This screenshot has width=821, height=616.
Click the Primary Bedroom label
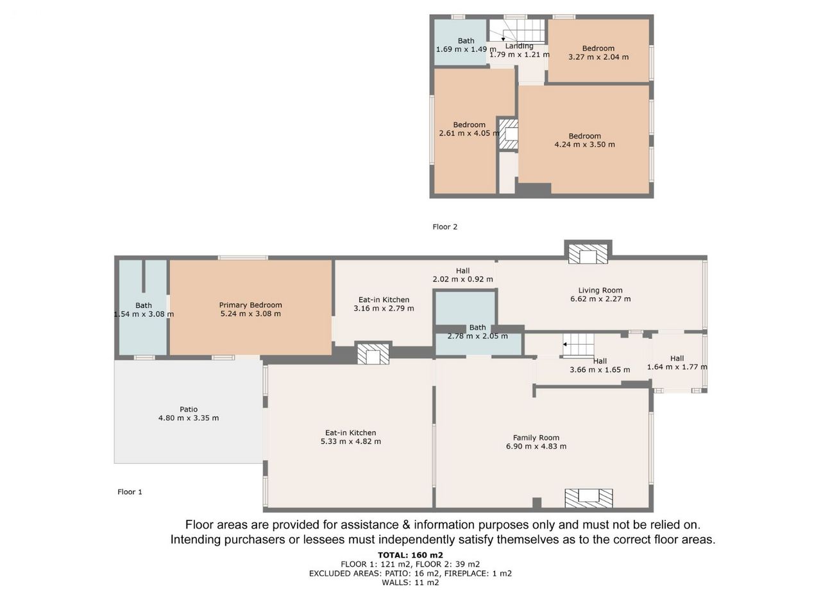[x=250, y=305]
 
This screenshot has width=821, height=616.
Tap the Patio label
[x=189, y=409]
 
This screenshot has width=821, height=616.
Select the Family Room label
[x=536, y=438]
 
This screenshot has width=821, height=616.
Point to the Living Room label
[x=600, y=290]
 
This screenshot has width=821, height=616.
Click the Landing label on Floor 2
[x=519, y=46]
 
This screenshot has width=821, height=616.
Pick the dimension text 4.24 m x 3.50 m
[x=584, y=144]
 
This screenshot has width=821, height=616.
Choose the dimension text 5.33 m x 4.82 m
[x=351, y=441]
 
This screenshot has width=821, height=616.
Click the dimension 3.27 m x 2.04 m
[x=598, y=57]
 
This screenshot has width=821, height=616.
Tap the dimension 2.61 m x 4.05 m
[x=469, y=133]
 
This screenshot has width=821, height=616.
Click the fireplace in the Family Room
[x=589, y=498]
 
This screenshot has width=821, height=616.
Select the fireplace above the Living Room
[x=588, y=254]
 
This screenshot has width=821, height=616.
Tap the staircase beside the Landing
[x=523, y=30]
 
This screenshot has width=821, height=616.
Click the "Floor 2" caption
[x=445, y=227]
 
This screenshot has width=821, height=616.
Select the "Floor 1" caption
[x=130, y=492]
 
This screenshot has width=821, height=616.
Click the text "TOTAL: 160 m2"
[x=410, y=555]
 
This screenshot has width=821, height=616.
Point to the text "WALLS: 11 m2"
[x=410, y=583]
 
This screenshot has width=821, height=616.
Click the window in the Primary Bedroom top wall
[x=242, y=258]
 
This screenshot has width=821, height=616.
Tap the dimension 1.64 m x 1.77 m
[x=677, y=367]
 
